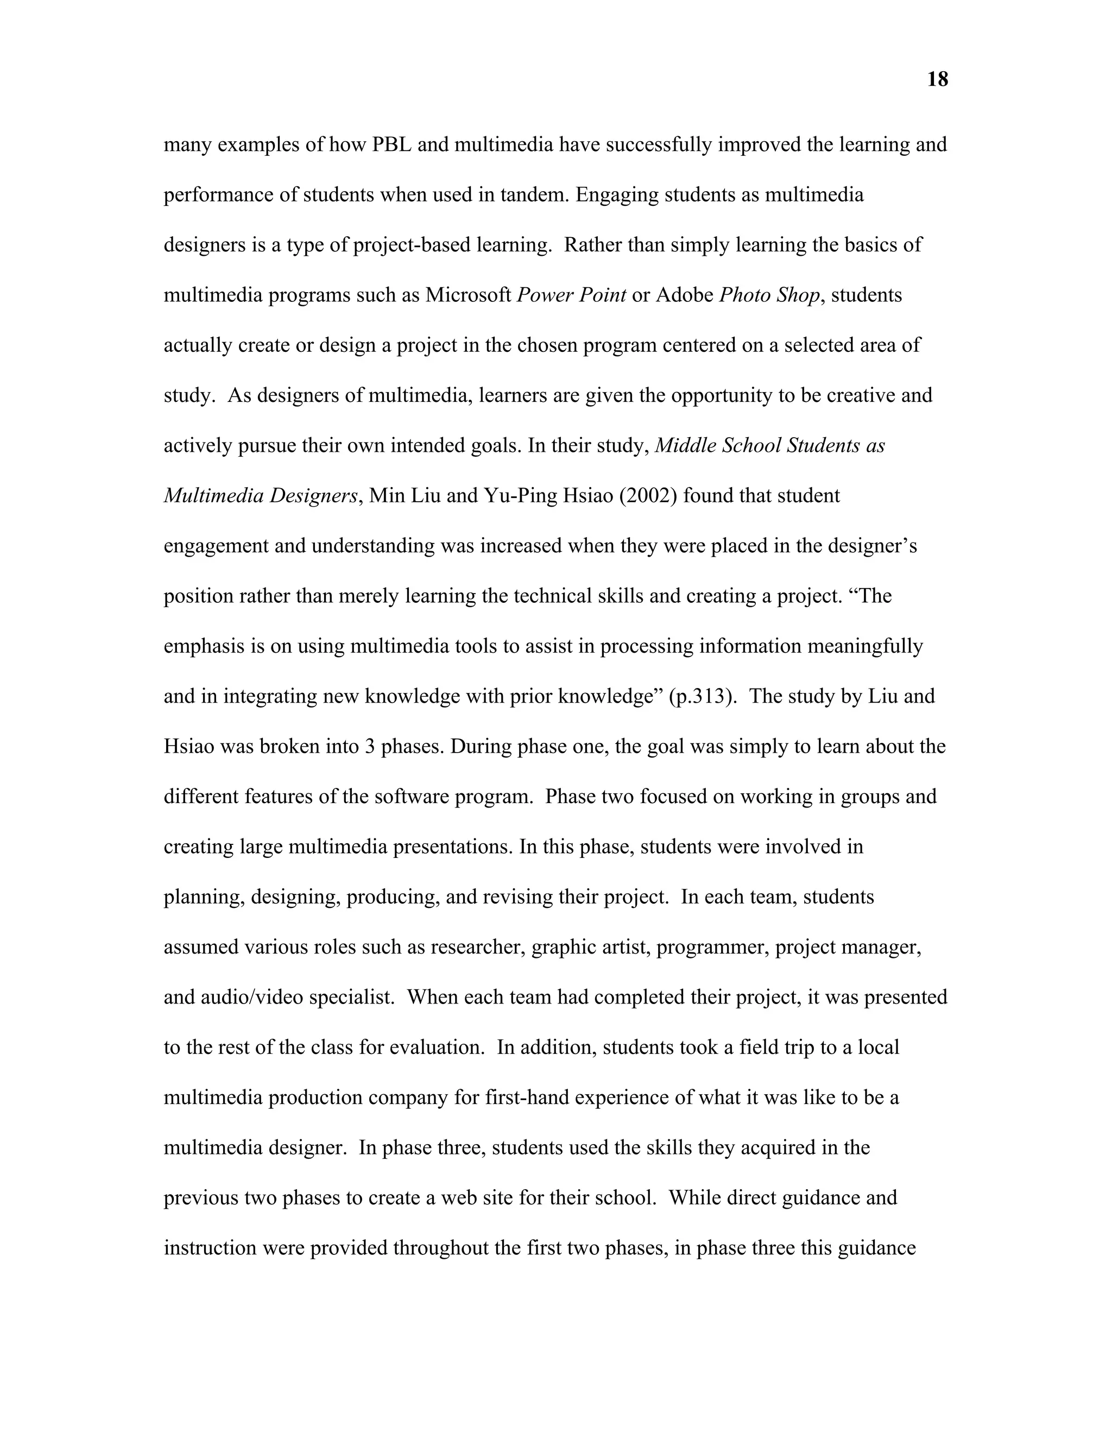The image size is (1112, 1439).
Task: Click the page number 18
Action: click(x=937, y=80)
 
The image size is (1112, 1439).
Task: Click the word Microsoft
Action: click(x=469, y=295)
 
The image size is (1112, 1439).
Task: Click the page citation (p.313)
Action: click(x=702, y=697)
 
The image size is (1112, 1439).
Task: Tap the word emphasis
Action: click(x=204, y=646)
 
